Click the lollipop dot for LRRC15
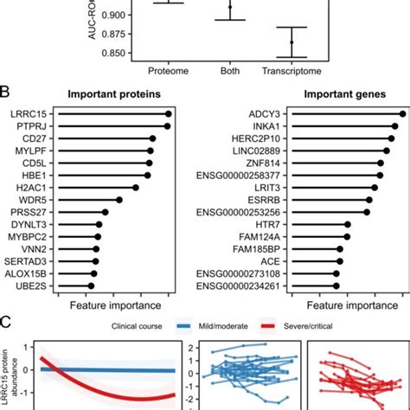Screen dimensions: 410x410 (x=169, y=113)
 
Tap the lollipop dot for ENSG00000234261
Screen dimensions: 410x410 (x=336, y=285)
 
